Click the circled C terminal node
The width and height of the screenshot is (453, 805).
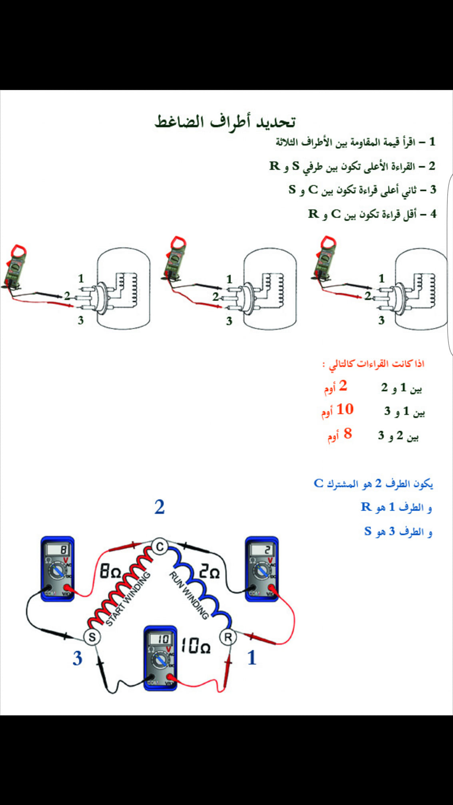[160, 547]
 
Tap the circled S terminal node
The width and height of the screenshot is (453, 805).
[92, 637]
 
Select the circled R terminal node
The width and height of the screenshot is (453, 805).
[228, 637]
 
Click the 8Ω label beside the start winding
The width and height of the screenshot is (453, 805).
[110, 572]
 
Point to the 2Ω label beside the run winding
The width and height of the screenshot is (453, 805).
[210, 572]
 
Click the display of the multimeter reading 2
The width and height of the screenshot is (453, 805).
[262, 550]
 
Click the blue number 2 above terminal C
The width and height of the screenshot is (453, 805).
[160, 507]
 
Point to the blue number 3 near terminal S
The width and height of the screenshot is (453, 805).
[77, 658]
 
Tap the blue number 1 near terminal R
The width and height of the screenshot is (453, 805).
[251, 657]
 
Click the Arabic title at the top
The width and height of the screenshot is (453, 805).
[225, 121]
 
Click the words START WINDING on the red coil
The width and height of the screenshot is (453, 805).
[128, 599]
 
